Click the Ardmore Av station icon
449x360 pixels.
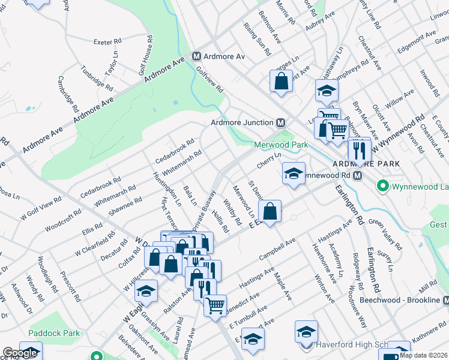(x=196, y=56)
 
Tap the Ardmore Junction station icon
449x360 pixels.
(x=280, y=122)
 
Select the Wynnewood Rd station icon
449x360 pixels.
(x=357, y=175)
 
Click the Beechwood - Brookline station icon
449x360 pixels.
(x=445, y=299)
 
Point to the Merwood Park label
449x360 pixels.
(x=280, y=145)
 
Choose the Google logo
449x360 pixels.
(x=20, y=353)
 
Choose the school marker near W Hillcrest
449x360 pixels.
(x=146, y=292)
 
